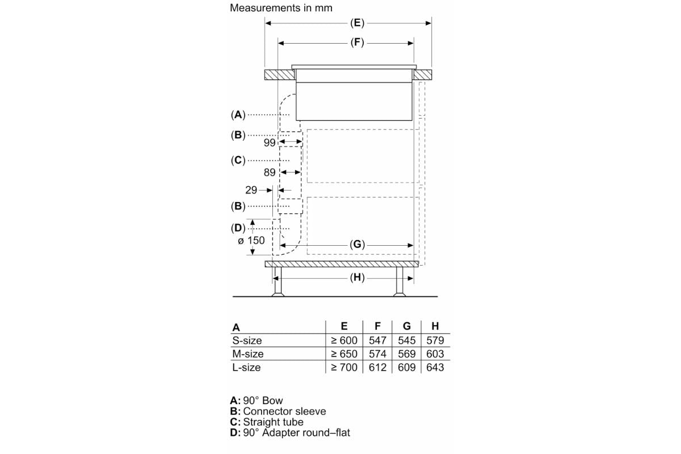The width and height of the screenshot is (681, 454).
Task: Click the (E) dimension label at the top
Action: (x=357, y=23)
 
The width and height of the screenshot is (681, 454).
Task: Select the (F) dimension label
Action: (x=357, y=42)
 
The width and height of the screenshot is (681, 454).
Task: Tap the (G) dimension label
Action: (x=357, y=244)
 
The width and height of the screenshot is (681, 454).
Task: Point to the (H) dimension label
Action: (x=357, y=278)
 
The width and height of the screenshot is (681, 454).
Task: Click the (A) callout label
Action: (x=238, y=115)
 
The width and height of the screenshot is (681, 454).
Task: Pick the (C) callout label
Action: (x=238, y=160)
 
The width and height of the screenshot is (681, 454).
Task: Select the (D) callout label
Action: (x=238, y=228)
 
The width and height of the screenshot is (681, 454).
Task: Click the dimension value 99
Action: (x=270, y=142)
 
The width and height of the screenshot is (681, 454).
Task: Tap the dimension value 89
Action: (x=270, y=173)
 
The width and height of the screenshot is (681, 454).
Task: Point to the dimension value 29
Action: (x=251, y=190)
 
